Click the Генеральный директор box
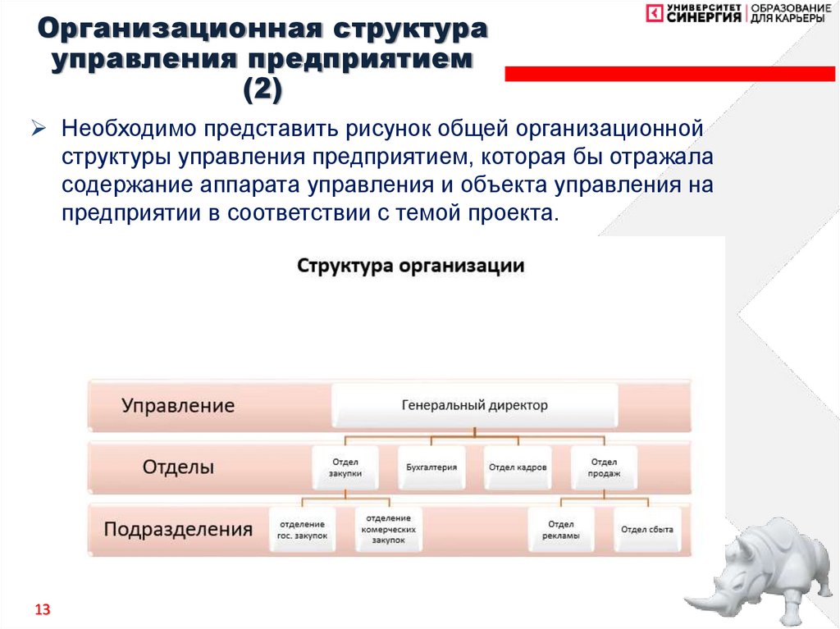click(x=474, y=405)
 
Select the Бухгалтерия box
click(x=431, y=467)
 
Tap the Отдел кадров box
click(x=518, y=467)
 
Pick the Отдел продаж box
click(x=603, y=467)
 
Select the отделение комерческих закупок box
click(x=388, y=530)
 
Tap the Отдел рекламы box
click(x=561, y=530)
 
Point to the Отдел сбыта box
click(x=646, y=530)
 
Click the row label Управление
click(x=178, y=406)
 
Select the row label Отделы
click(x=178, y=467)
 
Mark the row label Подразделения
click(x=178, y=529)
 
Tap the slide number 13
click(x=42, y=609)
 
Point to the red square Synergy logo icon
click(x=655, y=14)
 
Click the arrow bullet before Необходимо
click(x=41, y=129)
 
